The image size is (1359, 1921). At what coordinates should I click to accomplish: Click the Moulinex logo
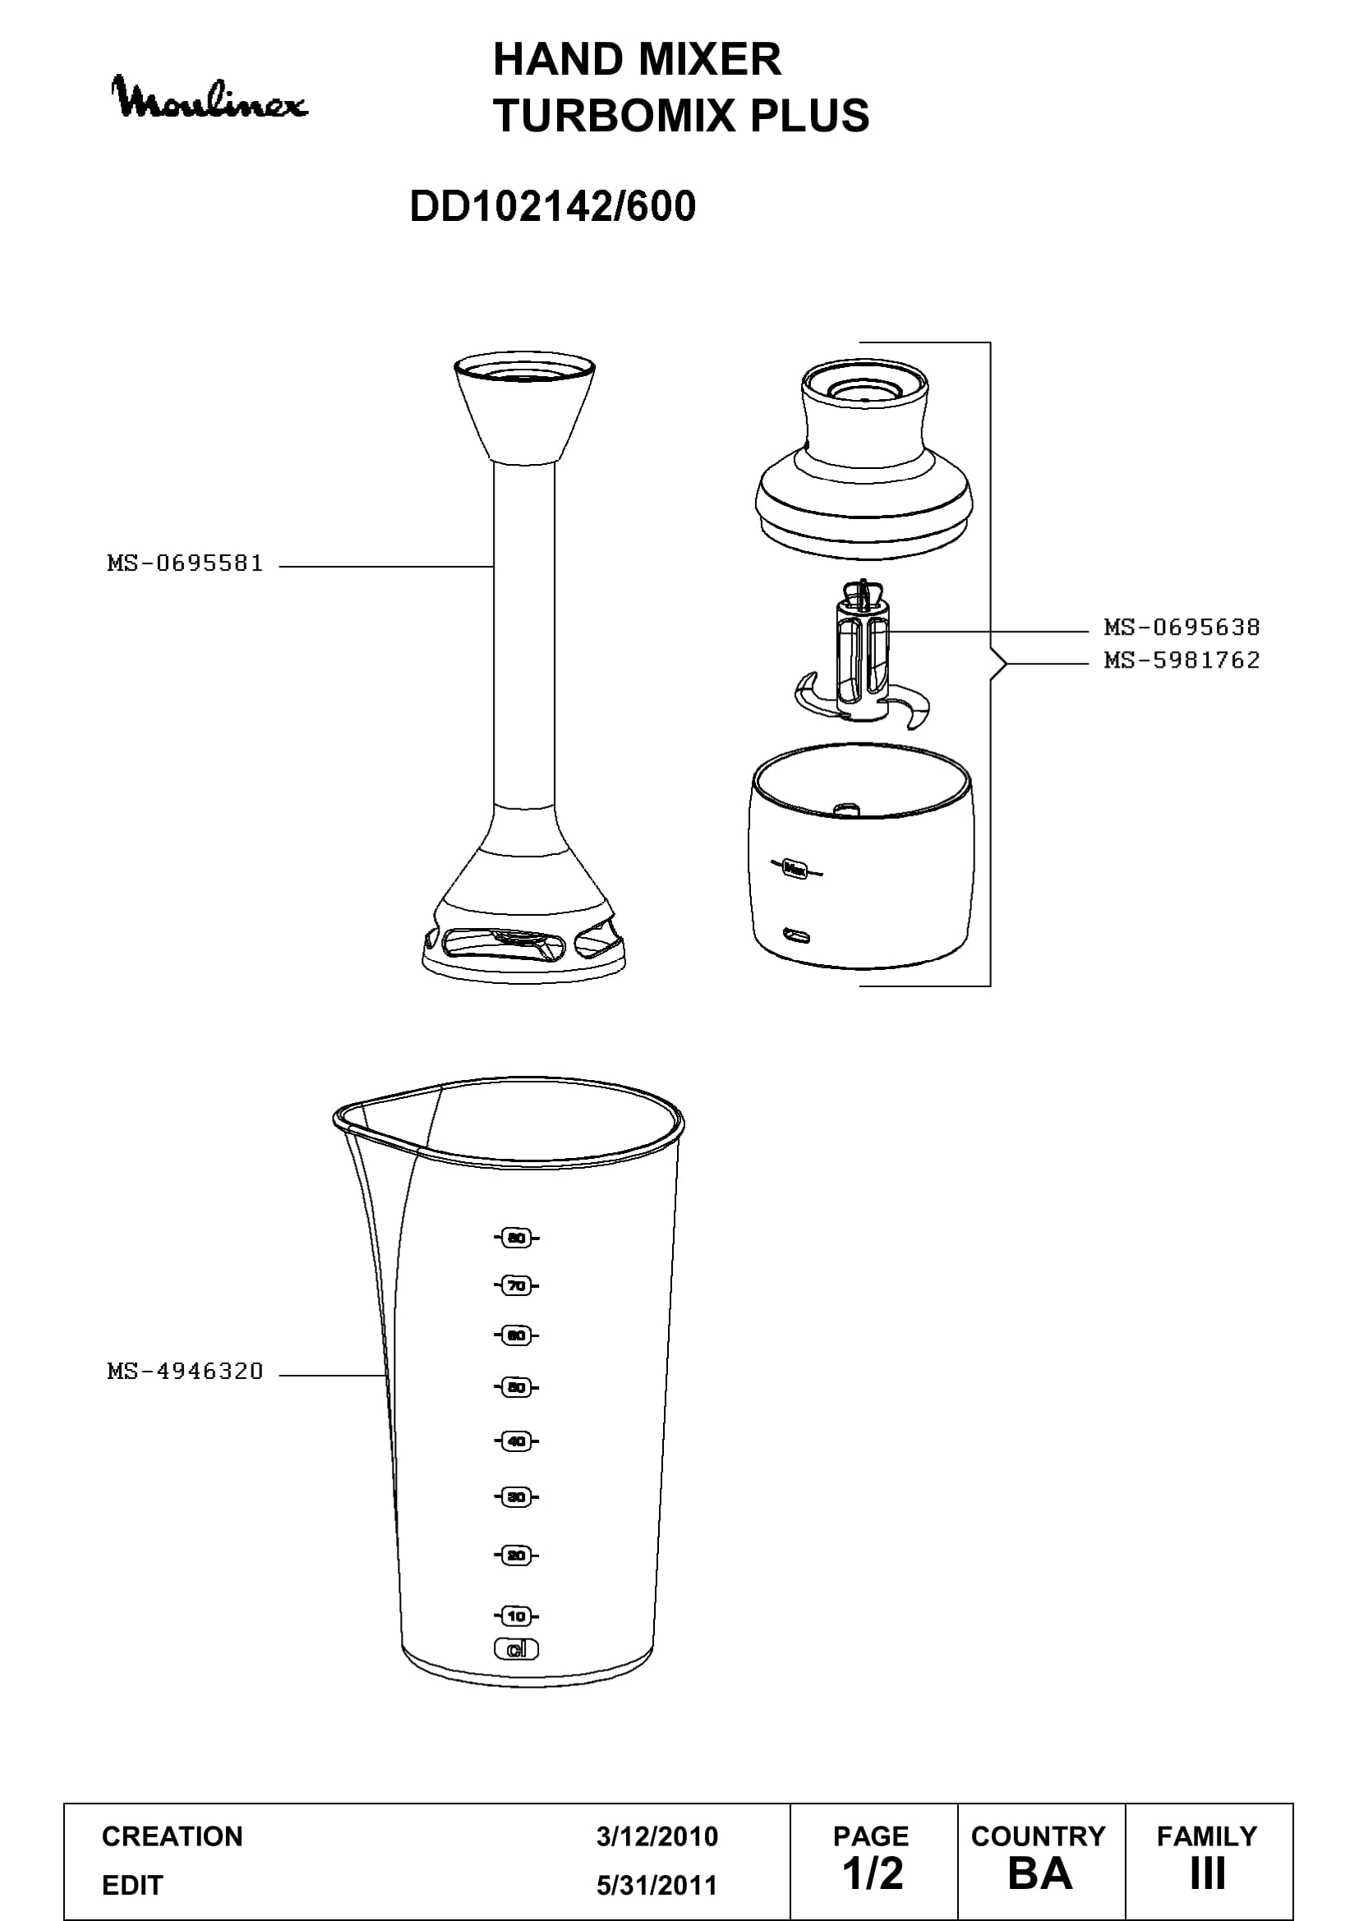click(x=210, y=98)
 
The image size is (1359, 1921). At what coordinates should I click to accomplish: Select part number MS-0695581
click(x=185, y=563)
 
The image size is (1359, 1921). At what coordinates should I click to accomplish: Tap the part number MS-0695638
click(x=1182, y=627)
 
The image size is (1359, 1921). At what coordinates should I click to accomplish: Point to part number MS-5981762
click(x=1182, y=660)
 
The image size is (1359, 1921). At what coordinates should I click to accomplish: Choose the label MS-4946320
click(x=185, y=1371)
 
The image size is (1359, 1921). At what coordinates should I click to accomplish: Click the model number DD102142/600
click(x=552, y=206)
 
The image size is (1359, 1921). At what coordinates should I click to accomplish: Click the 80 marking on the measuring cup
click(x=516, y=1238)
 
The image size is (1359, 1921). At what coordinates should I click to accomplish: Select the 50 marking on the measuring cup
click(x=516, y=1387)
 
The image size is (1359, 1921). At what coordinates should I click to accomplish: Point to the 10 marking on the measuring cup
click(x=516, y=1615)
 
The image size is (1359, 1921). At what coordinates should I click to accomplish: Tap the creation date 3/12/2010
click(x=657, y=1836)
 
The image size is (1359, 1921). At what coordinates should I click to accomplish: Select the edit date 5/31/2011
click(x=657, y=1885)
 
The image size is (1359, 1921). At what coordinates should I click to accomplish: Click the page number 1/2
click(x=873, y=1873)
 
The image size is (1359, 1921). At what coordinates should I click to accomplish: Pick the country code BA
click(x=1040, y=1873)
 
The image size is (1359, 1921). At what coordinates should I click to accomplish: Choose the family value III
click(x=1208, y=1873)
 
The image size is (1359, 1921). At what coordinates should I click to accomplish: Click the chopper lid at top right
click(x=864, y=452)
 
